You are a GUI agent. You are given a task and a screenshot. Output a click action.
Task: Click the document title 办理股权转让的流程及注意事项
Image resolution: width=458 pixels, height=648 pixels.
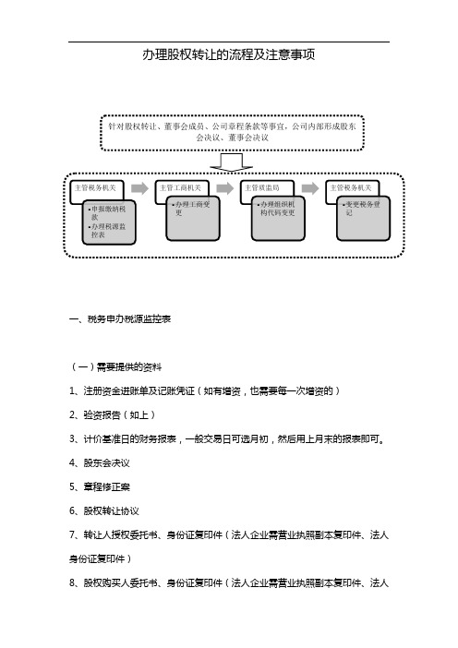click(230, 55)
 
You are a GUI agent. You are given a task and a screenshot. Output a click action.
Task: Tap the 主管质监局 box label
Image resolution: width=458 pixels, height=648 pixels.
click(262, 187)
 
